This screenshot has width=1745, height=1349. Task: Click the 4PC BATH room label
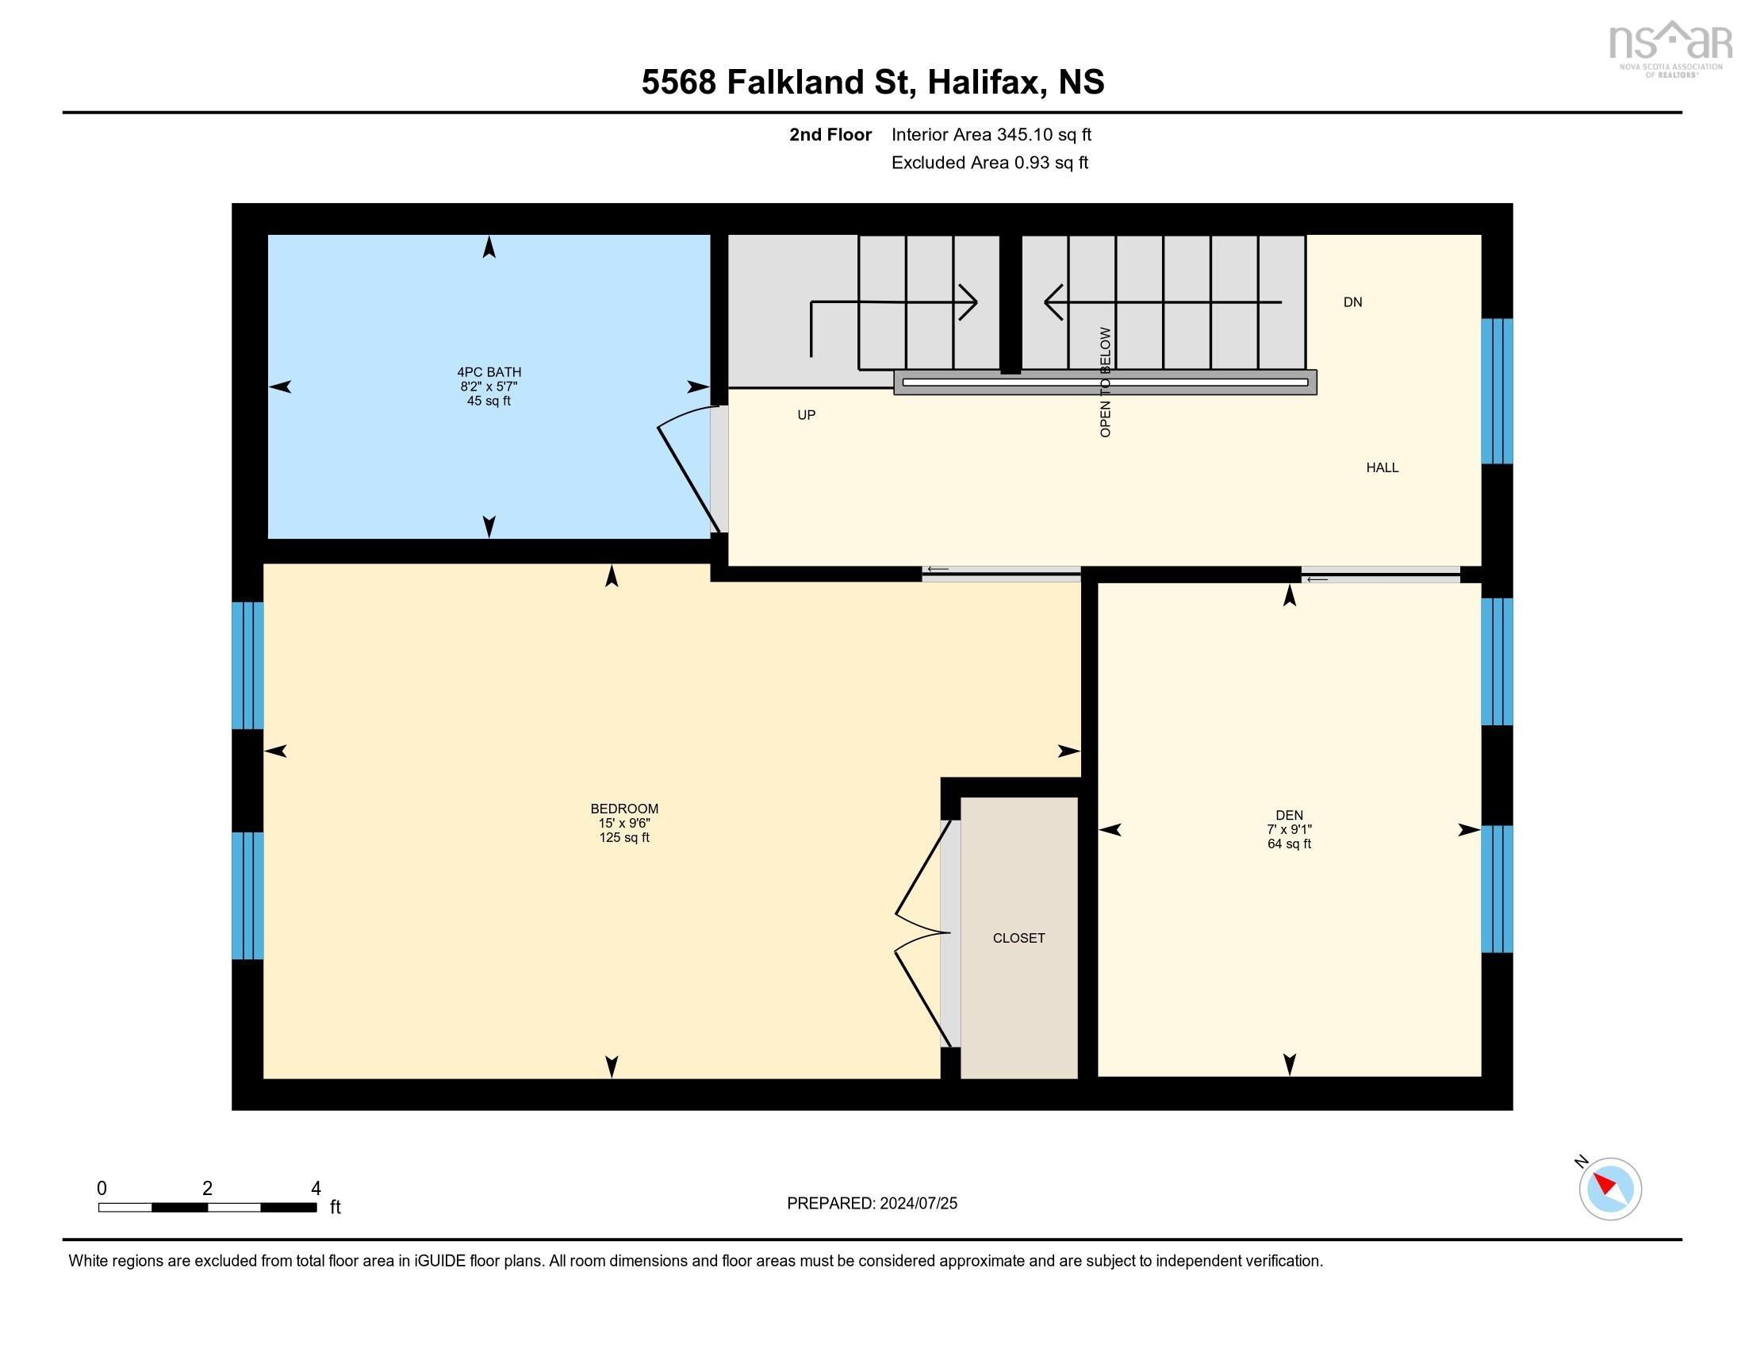(488, 371)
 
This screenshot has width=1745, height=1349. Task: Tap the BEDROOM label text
(624, 809)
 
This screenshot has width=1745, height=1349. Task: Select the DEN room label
(1289, 815)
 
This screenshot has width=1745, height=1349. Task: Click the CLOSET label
(1018, 938)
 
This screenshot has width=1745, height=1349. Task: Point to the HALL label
(1382, 467)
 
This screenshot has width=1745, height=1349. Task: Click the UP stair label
(806, 415)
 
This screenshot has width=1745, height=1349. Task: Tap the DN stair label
(1352, 302)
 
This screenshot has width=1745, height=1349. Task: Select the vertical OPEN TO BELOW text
(1105, 382)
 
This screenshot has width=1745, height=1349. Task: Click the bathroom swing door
(687, 471)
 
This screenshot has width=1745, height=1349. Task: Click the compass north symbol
(1609, 1190)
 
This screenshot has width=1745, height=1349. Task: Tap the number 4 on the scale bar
(316, 1189)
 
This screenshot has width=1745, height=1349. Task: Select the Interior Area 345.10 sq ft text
(991, 134)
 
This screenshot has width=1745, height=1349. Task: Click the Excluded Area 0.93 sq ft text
(989, 162)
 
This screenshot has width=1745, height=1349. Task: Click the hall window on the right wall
(1497, 390)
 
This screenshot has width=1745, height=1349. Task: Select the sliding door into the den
(1380, 575)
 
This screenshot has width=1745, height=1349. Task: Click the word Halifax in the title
(985, 83)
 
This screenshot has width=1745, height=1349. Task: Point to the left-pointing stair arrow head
(1054, 302)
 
